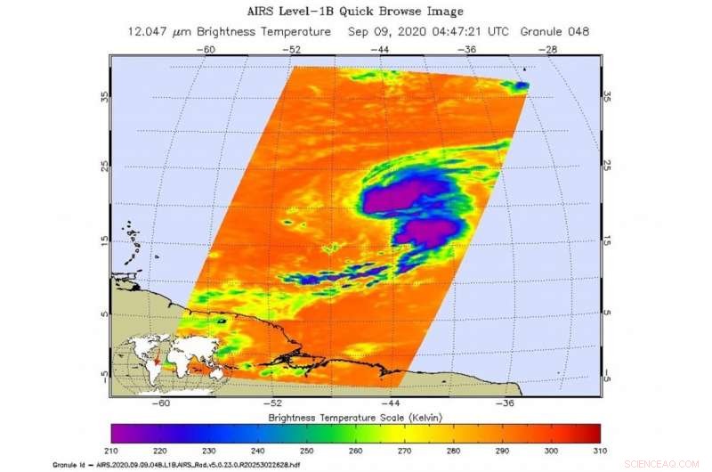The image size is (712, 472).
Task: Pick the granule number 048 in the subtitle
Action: click(576, 31)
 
